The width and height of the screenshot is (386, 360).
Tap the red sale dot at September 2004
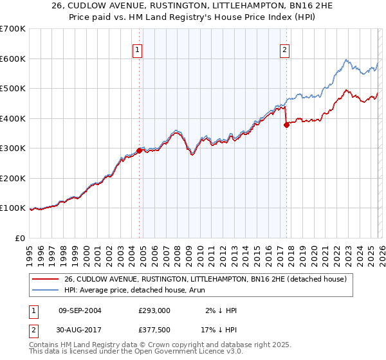[x=139, y=151]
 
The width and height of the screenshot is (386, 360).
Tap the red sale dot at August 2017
[x=286, y=125]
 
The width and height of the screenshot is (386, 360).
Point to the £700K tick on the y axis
[x=13, y=29]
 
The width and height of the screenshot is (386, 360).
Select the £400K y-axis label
[x=13, y=118]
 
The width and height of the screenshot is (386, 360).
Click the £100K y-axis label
[x=13, y=208]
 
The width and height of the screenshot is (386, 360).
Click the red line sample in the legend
[x=46, y=279]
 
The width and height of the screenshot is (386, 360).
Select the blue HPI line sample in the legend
[x=46, y=290]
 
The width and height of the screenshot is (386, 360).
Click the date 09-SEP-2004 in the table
[x=80, y=310]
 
